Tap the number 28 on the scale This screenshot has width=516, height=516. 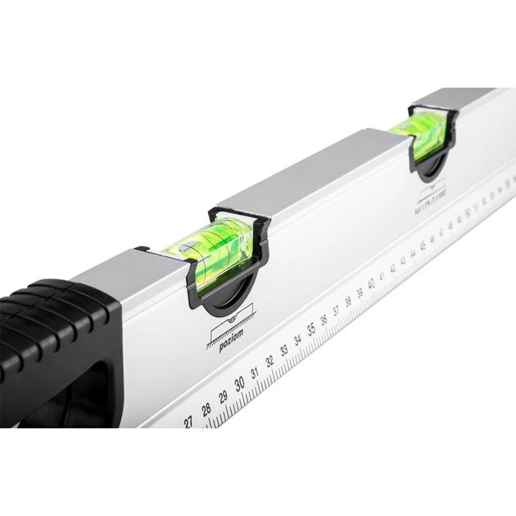[206, 409]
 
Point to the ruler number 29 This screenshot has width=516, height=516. [223, 396]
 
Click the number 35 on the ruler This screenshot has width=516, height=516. [311, 329]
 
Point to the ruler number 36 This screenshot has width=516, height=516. [324, 319]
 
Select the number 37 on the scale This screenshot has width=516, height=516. [337, 310]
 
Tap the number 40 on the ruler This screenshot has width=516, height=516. [371, 284]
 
